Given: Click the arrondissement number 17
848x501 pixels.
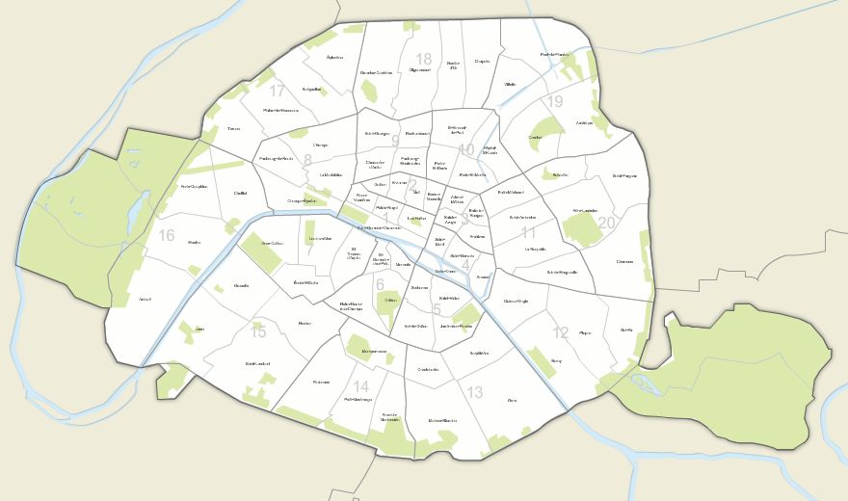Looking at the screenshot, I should click(x=278, y=92).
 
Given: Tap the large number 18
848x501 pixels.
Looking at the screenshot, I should click(x=424, y=59).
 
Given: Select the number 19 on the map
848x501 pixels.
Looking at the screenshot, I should click(x=554, y=101).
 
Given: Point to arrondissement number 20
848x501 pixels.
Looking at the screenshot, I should click(x=606, y=223).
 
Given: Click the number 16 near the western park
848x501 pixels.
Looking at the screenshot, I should click(x=167, y=236).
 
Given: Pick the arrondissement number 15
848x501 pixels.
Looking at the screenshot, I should click(x=258, y=332).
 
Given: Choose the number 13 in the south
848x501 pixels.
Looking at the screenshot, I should click(x=474, y=392).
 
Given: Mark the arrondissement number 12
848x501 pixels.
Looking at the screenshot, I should click(x=561, y=333).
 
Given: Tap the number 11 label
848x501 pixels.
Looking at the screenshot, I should click(x=528, y=232).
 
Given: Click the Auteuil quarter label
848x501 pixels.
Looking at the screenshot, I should click(x=146, y=299).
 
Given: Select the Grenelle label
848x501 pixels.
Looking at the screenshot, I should click(x=241, y=286).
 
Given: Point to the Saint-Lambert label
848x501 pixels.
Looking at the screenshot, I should click(x=257, y=363).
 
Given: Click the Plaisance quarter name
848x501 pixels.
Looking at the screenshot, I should click(x=321, y=382).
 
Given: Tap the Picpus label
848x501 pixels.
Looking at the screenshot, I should click(x=584, y=333).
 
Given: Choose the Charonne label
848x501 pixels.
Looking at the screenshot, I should click(x=625, y=261).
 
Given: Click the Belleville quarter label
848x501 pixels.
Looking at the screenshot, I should click(x=561, y=174).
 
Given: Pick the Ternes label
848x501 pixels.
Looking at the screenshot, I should click(x=234, y=128).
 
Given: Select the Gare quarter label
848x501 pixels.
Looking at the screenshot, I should click(x=512, y=400).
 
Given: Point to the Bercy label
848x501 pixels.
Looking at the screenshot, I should click(x=556, y=360).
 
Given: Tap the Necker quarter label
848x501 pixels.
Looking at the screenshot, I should click(x=305, y=323).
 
